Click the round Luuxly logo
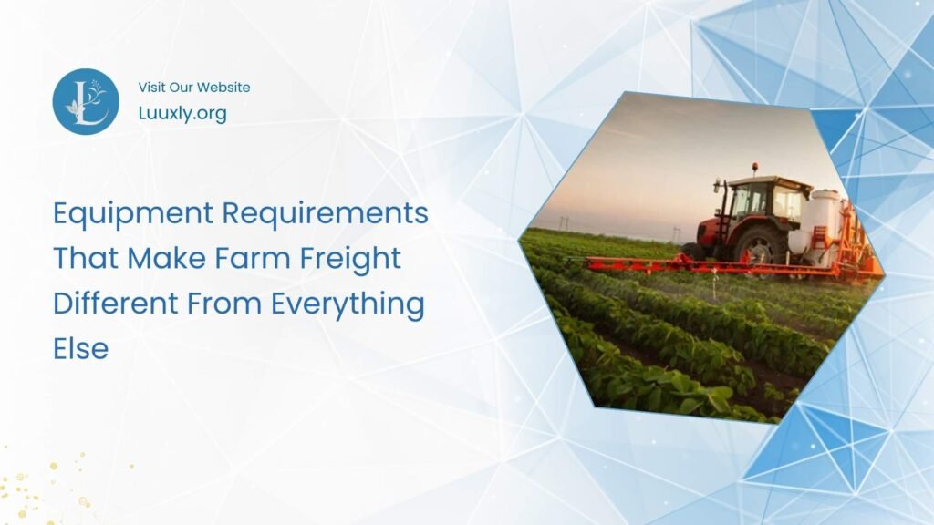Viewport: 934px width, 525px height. click(86, 102)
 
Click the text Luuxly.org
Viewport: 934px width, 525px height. click(182, 113)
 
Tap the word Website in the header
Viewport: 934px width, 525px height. click(222, 87)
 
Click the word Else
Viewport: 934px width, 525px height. click(80, 347)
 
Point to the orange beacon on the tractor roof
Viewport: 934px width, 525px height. click(754, 168)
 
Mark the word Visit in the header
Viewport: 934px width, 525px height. click(152, 87)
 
